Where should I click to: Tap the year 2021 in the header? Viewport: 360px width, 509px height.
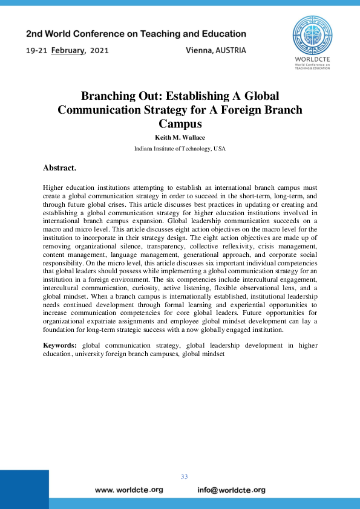click(99, 51)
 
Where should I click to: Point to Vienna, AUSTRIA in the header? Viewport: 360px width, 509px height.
click(216, 51)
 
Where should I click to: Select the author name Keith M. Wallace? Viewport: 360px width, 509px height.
click(180, 137)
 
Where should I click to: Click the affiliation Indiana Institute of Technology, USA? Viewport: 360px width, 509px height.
click(180, 148)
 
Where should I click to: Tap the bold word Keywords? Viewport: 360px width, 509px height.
click(59, 345)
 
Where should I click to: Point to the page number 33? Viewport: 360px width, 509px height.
click(185, 477)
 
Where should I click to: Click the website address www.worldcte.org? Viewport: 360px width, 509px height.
click(129, 490)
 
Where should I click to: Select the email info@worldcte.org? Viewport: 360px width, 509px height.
click(232, 490)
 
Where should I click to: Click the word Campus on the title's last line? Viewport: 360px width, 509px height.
click(180, 125)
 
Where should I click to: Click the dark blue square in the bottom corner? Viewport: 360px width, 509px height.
click(24, 489)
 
